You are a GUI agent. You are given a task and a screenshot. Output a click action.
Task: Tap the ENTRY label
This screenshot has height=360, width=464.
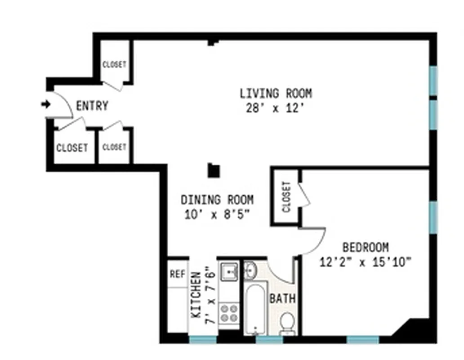92,106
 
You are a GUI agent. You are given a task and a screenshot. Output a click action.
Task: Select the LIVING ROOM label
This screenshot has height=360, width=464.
276,94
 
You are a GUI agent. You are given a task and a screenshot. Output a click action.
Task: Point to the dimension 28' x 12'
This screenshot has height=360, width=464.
276,109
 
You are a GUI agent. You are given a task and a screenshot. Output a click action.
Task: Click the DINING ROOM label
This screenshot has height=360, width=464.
217,199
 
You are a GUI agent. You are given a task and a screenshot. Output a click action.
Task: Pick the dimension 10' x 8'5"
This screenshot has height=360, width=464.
217,215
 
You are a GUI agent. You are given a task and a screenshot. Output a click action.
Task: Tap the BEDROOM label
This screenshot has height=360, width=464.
366,247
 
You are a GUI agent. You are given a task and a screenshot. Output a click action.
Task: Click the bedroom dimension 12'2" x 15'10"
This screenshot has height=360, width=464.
366,262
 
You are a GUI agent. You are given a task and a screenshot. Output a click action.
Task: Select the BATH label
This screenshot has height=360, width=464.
282,298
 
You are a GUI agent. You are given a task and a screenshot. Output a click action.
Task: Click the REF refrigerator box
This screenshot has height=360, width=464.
178,274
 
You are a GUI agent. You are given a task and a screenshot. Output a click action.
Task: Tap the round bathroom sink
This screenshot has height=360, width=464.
250,270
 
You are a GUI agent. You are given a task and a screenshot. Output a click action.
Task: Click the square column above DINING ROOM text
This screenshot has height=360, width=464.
214,171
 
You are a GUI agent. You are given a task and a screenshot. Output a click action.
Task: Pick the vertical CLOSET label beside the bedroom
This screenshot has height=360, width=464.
286,197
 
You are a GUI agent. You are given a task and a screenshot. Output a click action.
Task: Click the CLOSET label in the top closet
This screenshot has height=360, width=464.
114,64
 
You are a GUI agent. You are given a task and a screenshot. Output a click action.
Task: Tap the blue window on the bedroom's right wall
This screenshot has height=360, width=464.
433,217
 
